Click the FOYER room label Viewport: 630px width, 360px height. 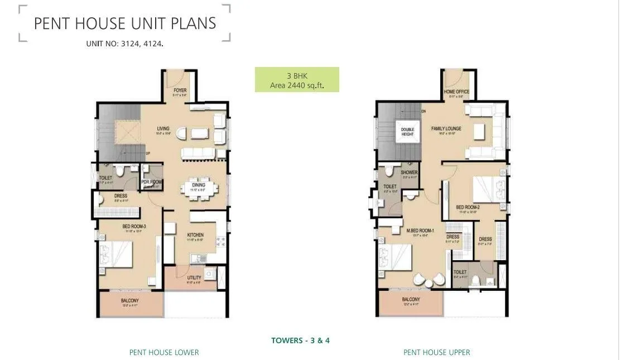pos(180,90)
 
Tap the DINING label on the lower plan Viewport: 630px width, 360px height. pos(198,185)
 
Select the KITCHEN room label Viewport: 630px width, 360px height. pos(195,235)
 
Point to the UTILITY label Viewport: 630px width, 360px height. pos(194,277)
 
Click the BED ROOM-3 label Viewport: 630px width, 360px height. pos(134,226)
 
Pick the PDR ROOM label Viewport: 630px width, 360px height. pos(151,182)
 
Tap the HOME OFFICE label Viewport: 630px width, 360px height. pos(456,92)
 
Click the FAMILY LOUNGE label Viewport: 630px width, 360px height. pos(446,129)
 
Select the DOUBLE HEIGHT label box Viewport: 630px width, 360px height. pos(407,132)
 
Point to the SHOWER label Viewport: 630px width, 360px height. pos(409,172)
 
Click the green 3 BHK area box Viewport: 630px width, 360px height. pos(297,80)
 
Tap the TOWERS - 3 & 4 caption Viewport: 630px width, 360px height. pos(300,340)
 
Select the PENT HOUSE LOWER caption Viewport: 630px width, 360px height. pos(164,352)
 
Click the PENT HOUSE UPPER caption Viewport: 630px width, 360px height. pos(437,352)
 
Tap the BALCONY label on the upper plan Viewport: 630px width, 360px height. pos(411,300)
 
